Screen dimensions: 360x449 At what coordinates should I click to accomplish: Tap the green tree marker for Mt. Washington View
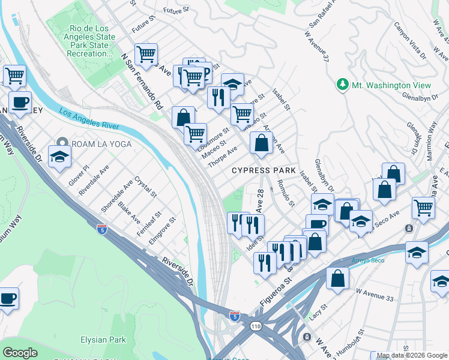pyautogui.click(x=343, y=85)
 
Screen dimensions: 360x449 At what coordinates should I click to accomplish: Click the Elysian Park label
pyautogui.click(x=103, y=340)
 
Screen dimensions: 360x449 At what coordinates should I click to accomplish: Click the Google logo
pyautogui.click(x=20, y=352)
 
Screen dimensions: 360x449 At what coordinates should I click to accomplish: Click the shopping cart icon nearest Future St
pyautogui.click(x=146, y=55)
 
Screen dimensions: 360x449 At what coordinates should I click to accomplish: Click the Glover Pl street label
pyautogui.click(x=79, y=178)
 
